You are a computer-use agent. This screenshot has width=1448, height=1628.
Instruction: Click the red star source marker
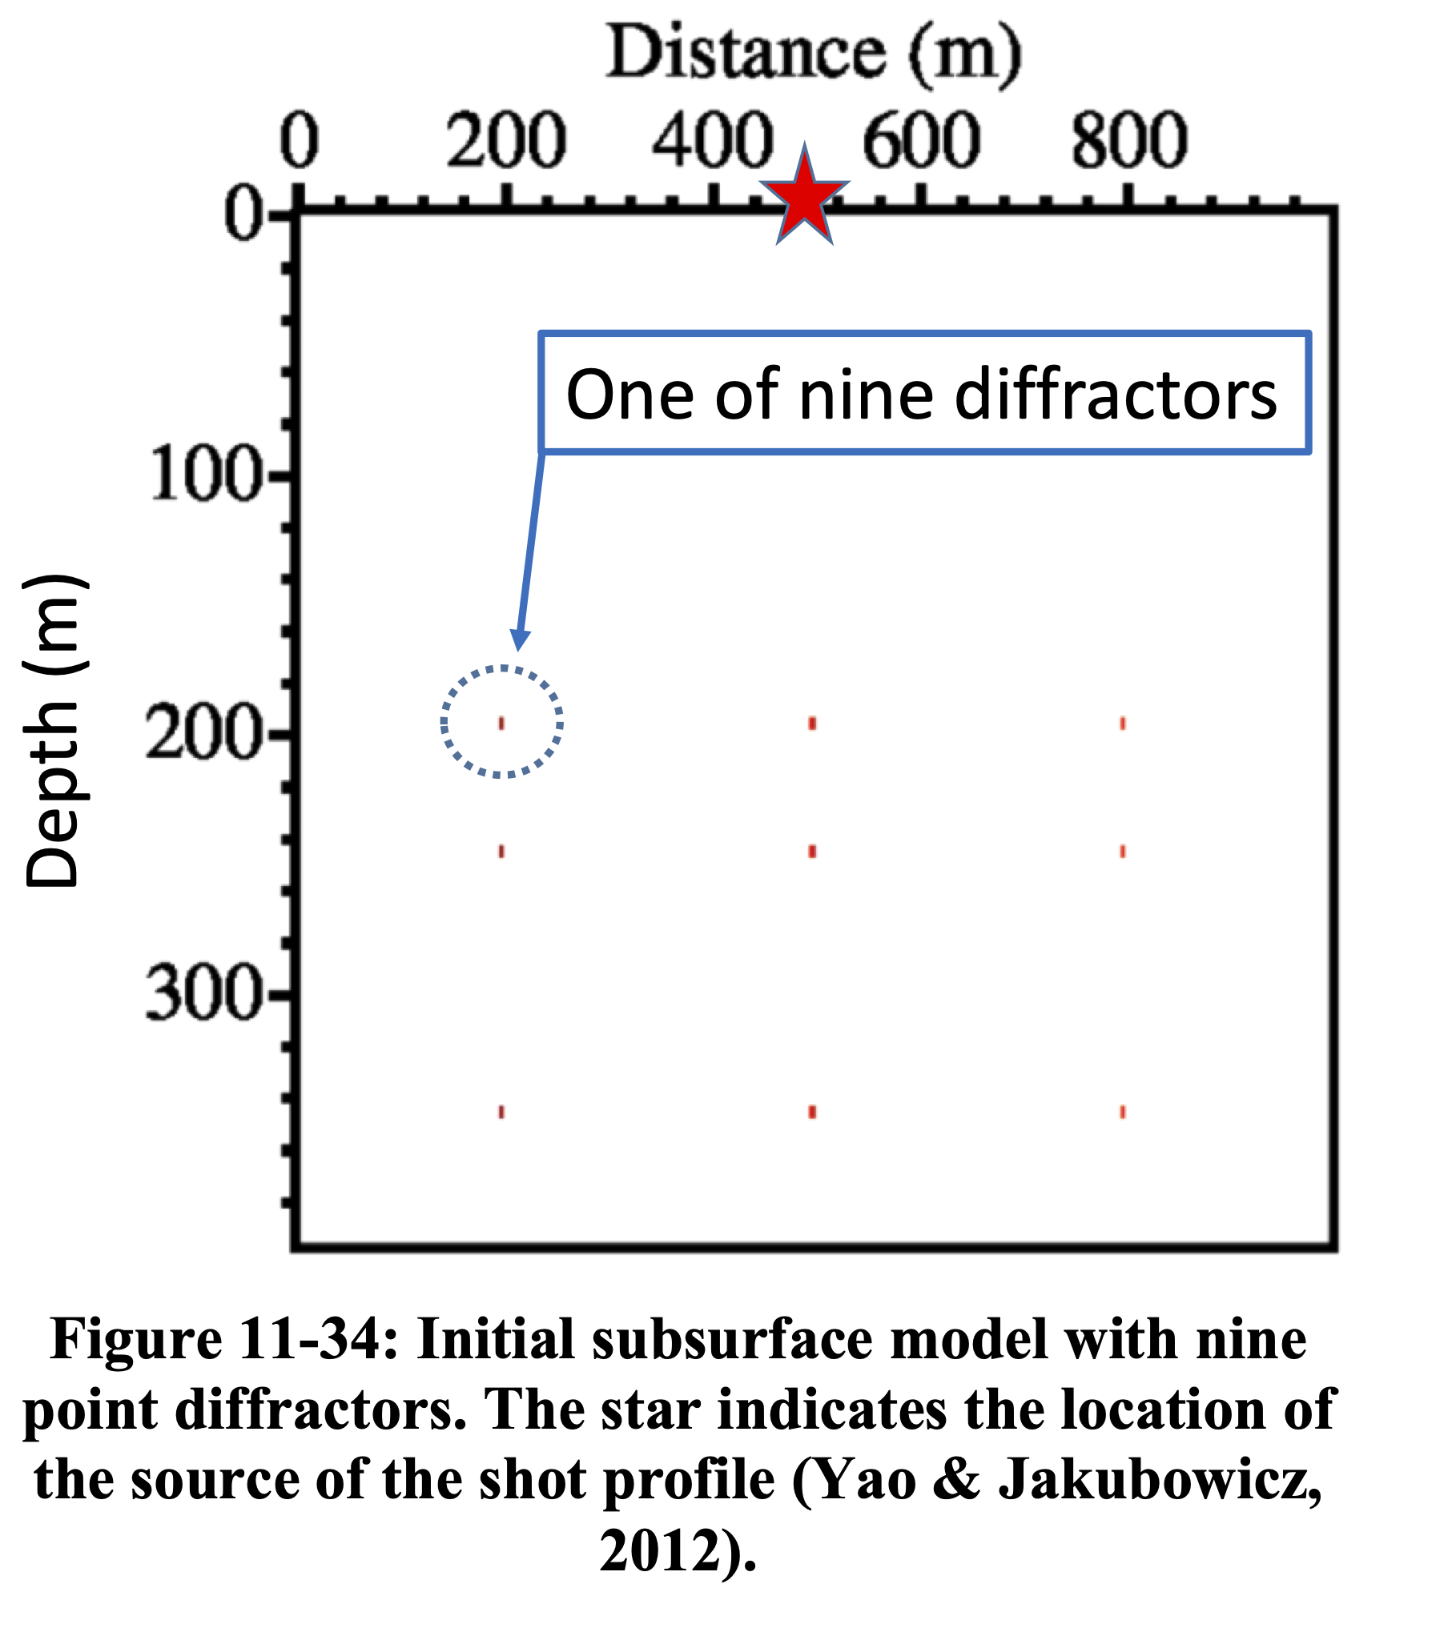tap(804, 198)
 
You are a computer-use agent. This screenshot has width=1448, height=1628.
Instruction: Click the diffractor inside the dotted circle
tap(502, 724)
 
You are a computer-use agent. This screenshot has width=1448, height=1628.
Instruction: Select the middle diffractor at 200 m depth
tap(812, 724)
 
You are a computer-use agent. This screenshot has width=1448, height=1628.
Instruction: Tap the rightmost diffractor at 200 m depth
tap(1123, 724)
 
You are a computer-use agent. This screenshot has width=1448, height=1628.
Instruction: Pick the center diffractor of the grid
tap(812, 852)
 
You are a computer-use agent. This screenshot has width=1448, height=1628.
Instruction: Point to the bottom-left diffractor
tap(502, 1112)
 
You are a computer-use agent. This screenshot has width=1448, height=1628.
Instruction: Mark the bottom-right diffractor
tap(1123, 1112)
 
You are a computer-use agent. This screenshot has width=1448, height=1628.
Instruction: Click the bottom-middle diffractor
tap(812, 1112)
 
